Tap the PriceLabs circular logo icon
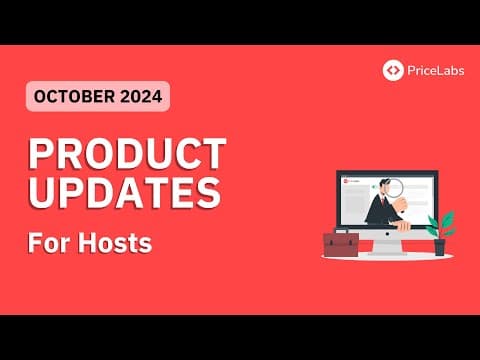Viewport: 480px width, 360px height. click(393, 70)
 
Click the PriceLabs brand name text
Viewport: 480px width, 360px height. click(431, 70)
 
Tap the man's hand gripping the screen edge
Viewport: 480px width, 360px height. click(404, 225)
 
